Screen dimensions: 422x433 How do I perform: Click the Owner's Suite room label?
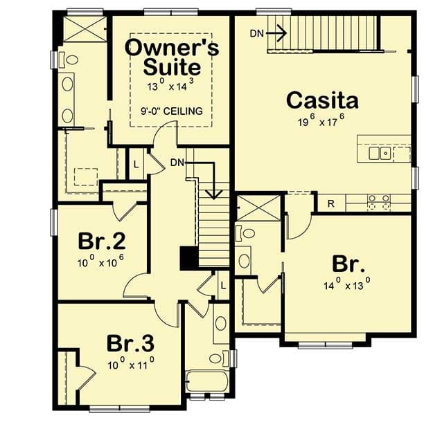coord(172,57)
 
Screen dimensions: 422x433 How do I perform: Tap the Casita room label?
coord(323,101)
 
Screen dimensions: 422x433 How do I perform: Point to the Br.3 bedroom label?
coord(130,343)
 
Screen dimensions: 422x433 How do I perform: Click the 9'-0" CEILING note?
coord(171,111)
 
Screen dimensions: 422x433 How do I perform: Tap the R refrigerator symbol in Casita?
coord(331,203)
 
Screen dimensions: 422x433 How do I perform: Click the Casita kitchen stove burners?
coord(378,202)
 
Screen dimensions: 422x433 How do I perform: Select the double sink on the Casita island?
coord(379,153)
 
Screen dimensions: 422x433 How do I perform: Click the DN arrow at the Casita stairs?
coord(276,31)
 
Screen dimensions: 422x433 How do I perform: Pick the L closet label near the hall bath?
coord(222,284)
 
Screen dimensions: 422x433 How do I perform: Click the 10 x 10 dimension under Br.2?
coord(102,263)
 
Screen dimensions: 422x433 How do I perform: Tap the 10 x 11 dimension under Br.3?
coord(130,363)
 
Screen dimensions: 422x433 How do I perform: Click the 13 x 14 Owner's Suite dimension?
coord(171,87)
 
